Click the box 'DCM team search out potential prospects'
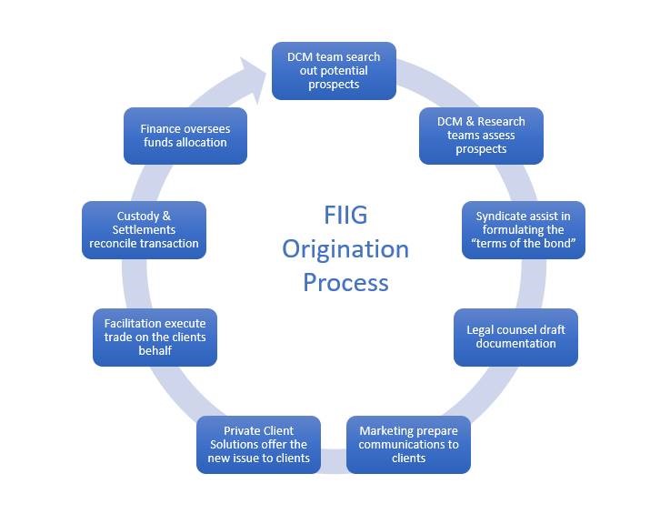(334, 71)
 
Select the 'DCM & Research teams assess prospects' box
(481, 136)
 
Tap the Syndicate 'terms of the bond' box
(524, 230)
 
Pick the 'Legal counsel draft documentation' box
(515, 337)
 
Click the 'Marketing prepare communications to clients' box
(408, 444)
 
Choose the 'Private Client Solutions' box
(259, 444)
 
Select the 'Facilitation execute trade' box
(155, 337)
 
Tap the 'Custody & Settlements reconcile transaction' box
(144, 230)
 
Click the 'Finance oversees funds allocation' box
(185, 136)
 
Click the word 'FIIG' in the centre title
(345, 215)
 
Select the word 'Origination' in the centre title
(345, 248)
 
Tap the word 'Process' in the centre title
(345, 282)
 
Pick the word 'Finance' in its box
(160, 128)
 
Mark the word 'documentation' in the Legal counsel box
(515, 344)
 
